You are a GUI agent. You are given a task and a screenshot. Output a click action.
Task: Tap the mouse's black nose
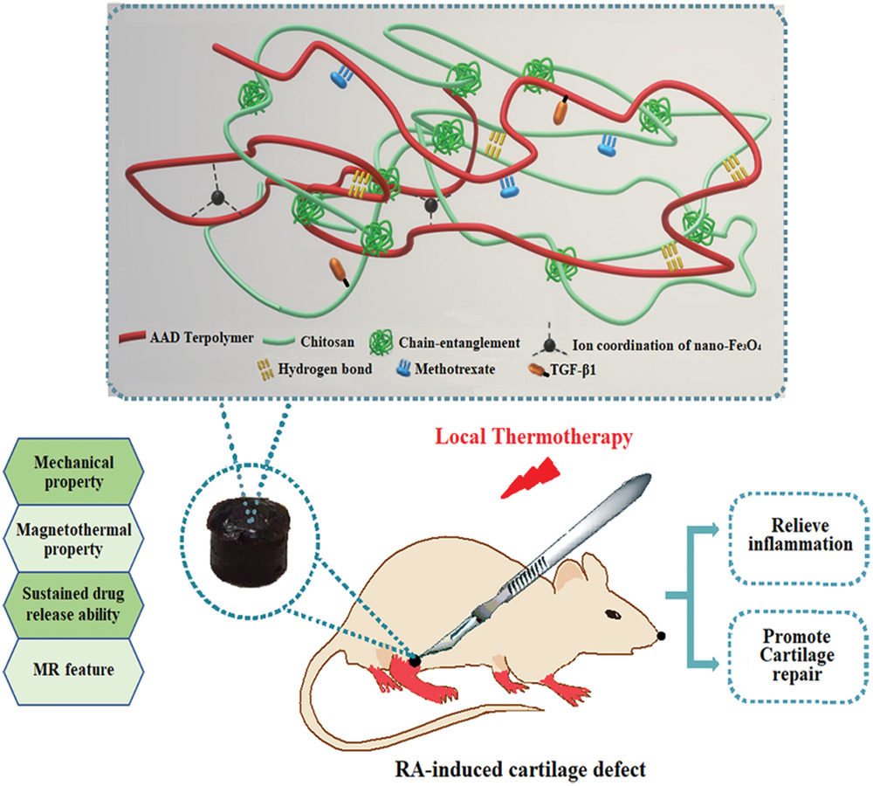click(663, 635)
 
